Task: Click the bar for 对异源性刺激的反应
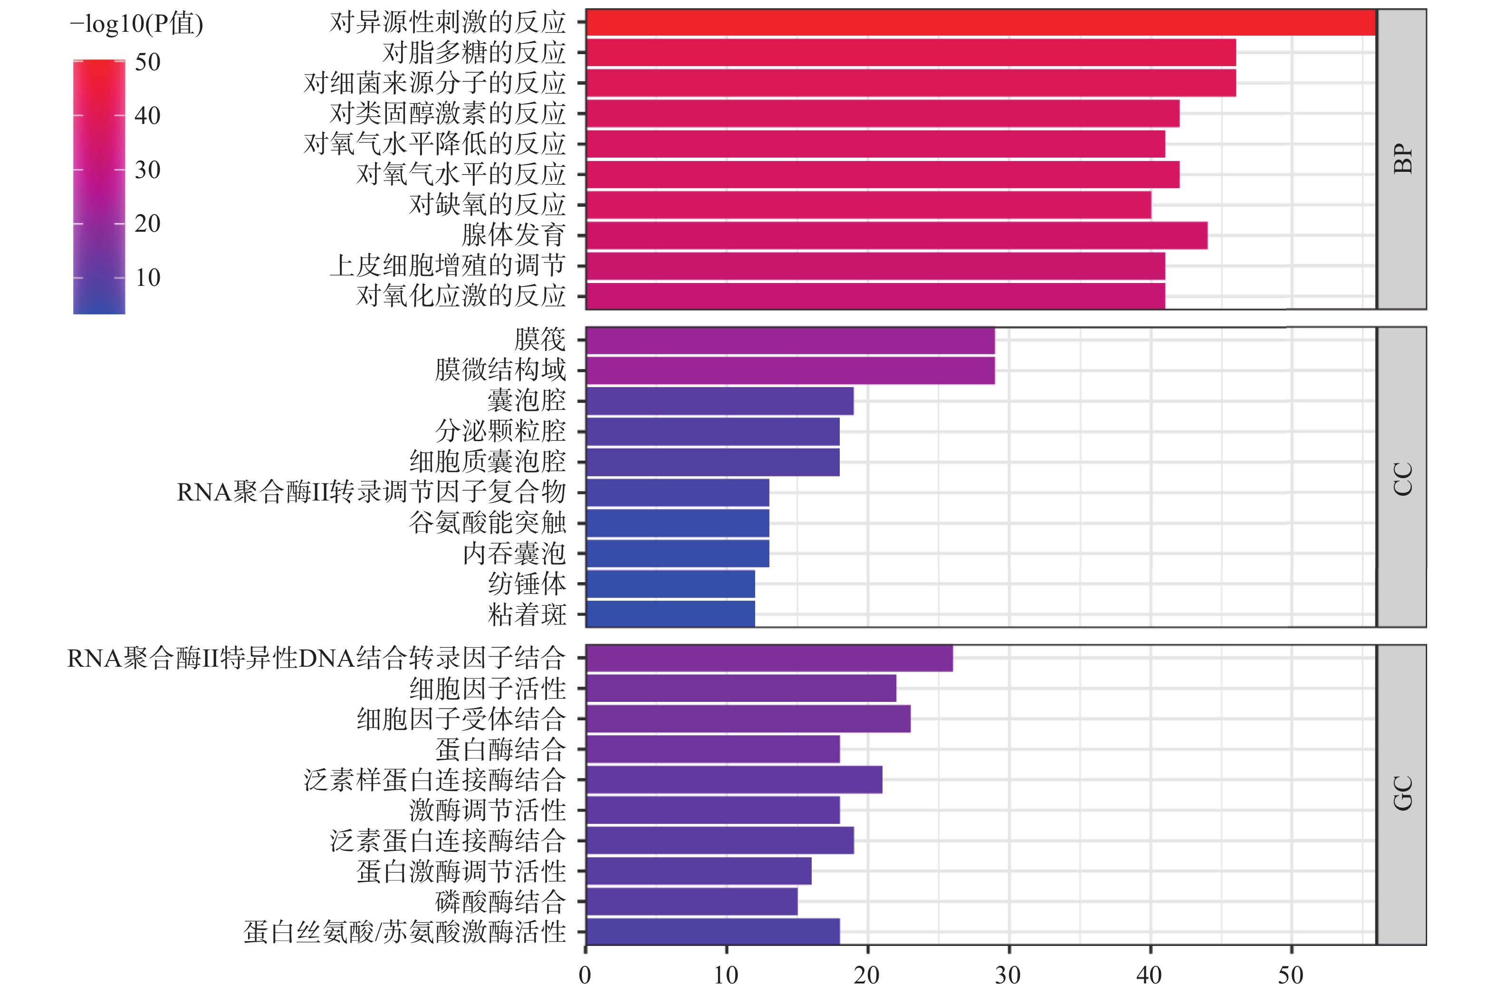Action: pos(980,23)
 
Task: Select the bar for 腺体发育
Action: pos(896,236)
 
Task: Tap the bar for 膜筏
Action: pos(790,341)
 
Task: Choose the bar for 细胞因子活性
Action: pos(740,689)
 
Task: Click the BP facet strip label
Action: pos(1402,159)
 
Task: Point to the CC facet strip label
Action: pos(1402,478)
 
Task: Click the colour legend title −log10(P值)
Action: pos(136,24)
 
